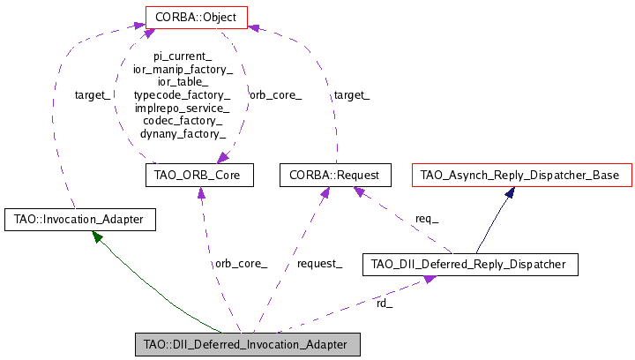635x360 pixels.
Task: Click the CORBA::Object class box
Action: point(195,16)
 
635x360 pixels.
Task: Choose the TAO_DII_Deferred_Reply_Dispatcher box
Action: point(470,263)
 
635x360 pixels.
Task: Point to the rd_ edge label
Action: point(385,304)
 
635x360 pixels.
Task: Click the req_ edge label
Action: point(427,219)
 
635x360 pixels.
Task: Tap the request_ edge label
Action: point(319,264)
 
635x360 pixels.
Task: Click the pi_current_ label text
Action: point(183,55)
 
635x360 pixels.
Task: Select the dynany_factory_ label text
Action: point(183,134)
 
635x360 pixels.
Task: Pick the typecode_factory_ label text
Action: point(183,94)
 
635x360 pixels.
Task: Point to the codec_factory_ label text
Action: point(183,121)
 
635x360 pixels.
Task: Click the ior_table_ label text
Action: point(183,81)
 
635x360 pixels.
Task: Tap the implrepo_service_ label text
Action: point(183,108)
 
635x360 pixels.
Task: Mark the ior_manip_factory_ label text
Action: point(183,68)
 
